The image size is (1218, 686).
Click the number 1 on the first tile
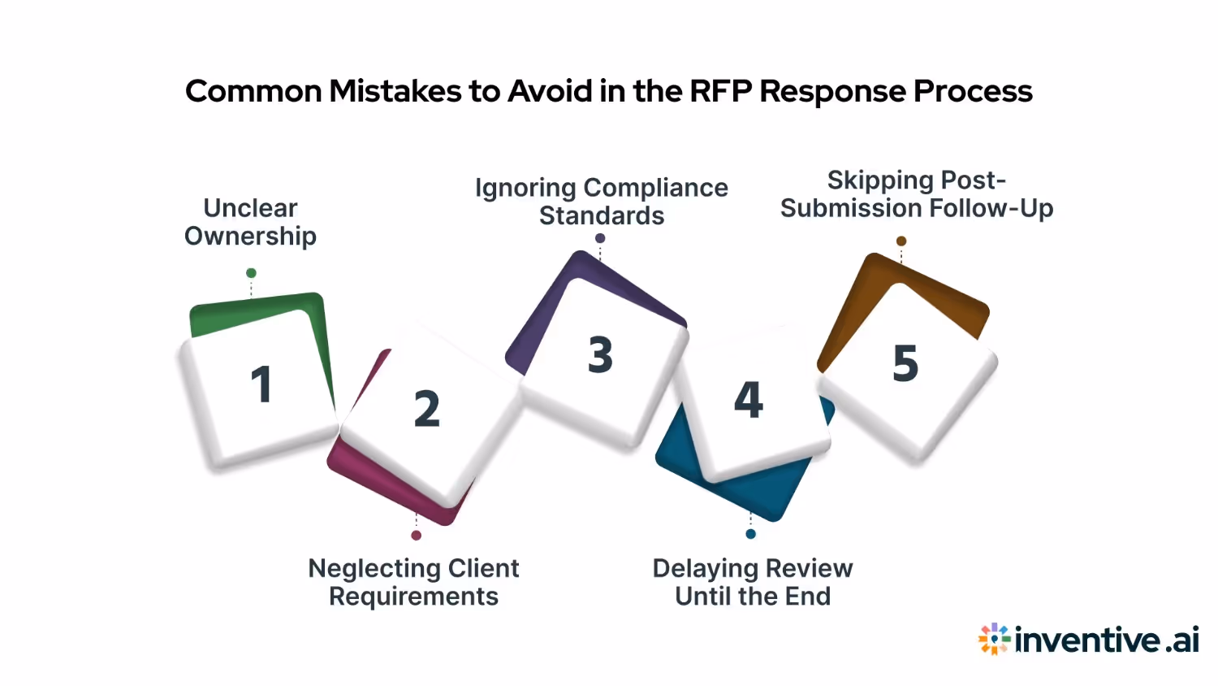(261, 384)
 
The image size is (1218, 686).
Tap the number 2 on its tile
(427, 409)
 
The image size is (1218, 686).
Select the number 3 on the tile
(601, 355)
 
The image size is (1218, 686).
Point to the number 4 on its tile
(749, 400)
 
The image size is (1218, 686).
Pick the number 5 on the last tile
(905, 363)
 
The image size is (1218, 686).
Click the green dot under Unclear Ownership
(252, 273)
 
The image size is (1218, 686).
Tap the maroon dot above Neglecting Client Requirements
(417, 536)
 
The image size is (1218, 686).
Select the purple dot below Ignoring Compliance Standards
(600, 238)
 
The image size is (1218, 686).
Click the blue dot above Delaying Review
(750, 534)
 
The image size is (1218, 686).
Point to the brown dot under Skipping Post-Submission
(901, 241)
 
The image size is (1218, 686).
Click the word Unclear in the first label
(250, 208)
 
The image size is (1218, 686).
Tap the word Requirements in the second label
(413, 597)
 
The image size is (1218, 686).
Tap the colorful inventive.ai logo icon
(994, 640)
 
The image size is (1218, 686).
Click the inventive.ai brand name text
(1107, 640)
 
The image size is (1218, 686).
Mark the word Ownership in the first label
(250, 237)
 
